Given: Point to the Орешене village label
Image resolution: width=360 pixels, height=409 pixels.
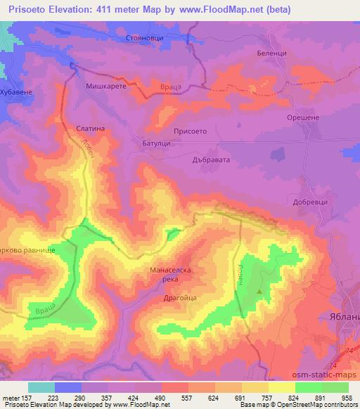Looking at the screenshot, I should [x=303, y=117].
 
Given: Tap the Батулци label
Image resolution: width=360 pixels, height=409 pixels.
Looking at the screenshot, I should [x=148, y=143].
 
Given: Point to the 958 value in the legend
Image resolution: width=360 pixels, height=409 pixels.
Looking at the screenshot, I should [x=348, y=397].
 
